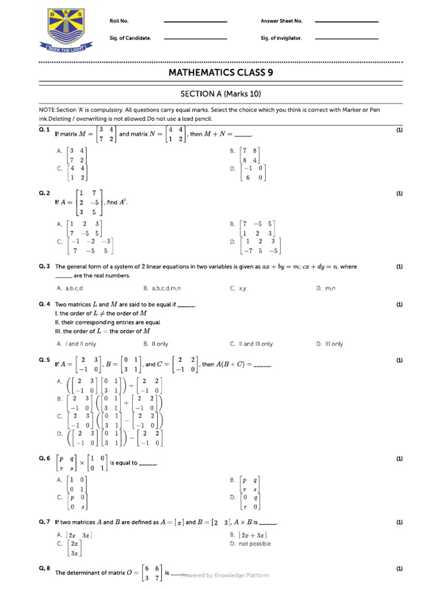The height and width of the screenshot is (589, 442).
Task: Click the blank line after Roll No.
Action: pyautogui.click(x=195, y=22)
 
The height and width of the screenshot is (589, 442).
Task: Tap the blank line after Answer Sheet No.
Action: pyautogui.click(x=347, y=22)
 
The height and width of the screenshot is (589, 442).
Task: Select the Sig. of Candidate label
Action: pyautogui.click(x=130, y=39)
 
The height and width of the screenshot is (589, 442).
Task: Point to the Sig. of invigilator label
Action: pyautogui.click(x=281, y=39)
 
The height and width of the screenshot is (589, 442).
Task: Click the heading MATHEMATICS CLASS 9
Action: pyautogui.click(x=220, y=72)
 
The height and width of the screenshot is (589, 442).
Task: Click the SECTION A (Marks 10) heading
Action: pyautogui.click(x=220, y=94)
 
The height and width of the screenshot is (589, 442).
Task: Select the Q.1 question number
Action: pyautogui.click(x=45, y=130)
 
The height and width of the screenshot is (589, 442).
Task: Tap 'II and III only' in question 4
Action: pyautogui.click(x=252, y=344)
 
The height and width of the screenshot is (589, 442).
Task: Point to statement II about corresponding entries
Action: pyautogui.click(x=108, y=323)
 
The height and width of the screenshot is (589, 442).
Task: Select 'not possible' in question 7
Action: pyautogui.click(x=254, y=544)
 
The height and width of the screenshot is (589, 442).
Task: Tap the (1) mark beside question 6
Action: pyautogui.click(x=399, y=459)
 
